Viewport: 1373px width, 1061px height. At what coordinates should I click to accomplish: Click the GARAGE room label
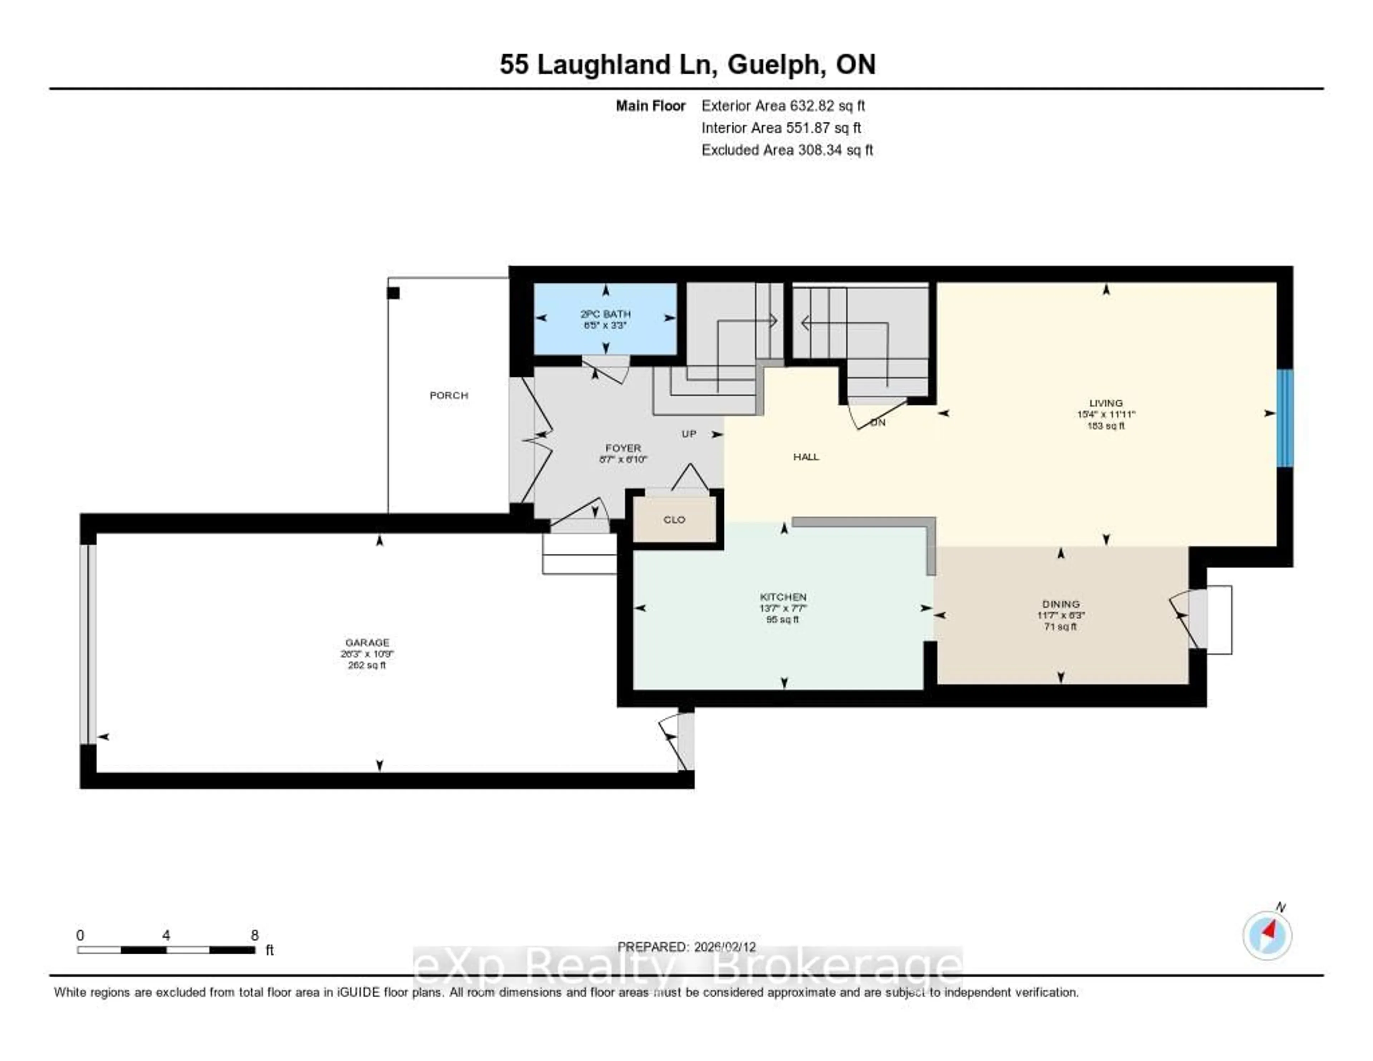pyautogui.click(x=367, y=642)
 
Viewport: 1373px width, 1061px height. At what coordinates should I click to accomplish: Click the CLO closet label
pyautogui.click(x=674, y=519)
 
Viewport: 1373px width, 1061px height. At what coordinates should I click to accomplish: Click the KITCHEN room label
pyautogui.click(x=783, y=597)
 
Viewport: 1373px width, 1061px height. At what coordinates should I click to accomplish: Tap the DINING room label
pyautogui.click(x=1060, y=604)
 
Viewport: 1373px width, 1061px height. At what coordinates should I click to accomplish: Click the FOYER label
pyautogui.click(x=623, y=448)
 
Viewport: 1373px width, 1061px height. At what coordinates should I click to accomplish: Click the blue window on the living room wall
pyautogui.click(x=1285, y=418)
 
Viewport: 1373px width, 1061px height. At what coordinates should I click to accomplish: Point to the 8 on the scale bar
pyautogui.click(x=255, y=935)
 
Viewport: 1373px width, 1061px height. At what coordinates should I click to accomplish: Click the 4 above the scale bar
pyautogui.click(x=166, y=935)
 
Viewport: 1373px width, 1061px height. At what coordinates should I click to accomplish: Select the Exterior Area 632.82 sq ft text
pyautogui.click(x=783, y=106)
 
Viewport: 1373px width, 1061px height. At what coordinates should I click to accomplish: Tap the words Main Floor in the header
pyautogui.click(x=651, y=106)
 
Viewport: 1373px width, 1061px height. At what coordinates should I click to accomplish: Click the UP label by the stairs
pyautogui.click(x=689, y=434)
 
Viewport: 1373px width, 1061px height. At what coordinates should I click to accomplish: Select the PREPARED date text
pyautogui.click(x=686, y=947)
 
